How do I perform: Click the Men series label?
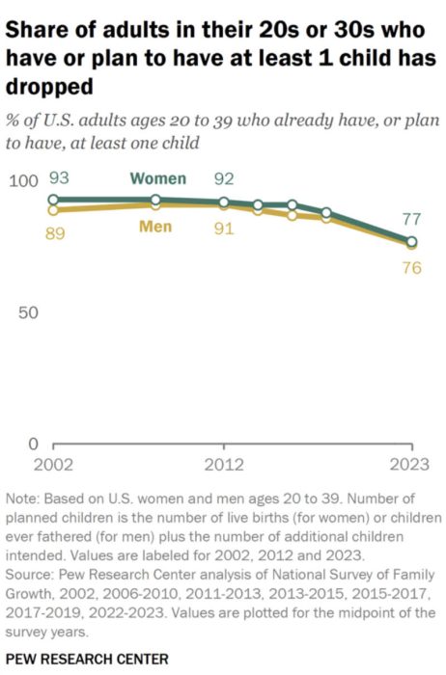(156, 228)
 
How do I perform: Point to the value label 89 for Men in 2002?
(55, 233)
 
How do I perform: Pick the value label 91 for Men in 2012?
(224, 230)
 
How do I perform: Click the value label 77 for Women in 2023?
(412, 218)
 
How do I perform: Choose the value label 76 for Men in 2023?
(412, 268)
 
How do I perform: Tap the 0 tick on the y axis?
(32, 445)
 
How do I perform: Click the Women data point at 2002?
(54, 200)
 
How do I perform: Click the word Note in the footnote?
(22, 499)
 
